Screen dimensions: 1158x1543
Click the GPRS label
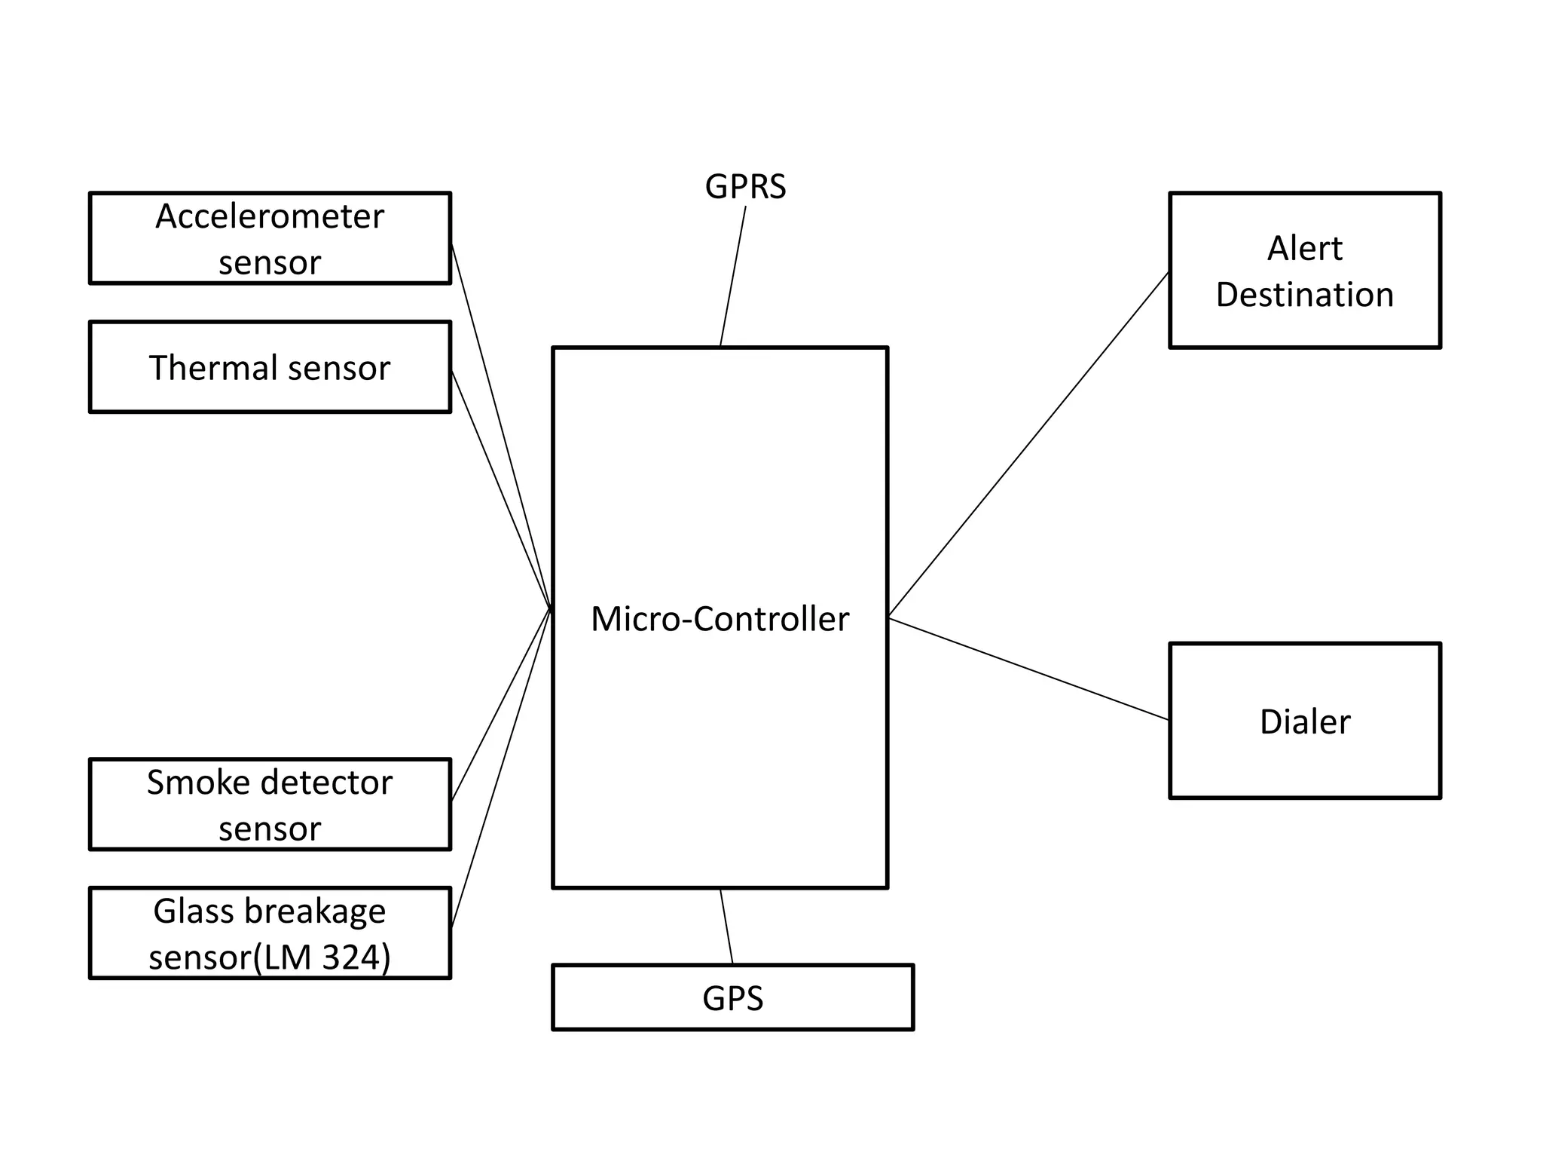click(744, 186)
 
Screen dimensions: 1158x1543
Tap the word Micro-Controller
click(720, 619)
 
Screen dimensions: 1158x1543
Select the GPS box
click(732, 997)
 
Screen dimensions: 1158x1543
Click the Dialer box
click(1304, 721)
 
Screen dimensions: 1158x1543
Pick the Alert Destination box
click(1304, 271)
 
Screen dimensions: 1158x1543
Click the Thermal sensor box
click(270, 367)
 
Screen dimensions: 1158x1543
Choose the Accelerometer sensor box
click(270, 238)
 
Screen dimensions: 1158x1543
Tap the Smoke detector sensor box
click(270, 804)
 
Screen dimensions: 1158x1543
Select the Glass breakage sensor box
click(270, 933)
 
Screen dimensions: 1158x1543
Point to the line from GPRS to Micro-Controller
click(732, 277)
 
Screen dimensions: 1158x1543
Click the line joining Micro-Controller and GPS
click(726, 926)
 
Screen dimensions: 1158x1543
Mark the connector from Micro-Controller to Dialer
click(1029, 669)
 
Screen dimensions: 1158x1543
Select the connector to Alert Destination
click(1029, 444)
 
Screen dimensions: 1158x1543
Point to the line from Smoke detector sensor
click(500, 705)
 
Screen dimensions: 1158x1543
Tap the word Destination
click(1304, 295)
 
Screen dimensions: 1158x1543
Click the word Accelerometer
click(270, 216)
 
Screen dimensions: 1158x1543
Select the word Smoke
click(188, 783)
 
